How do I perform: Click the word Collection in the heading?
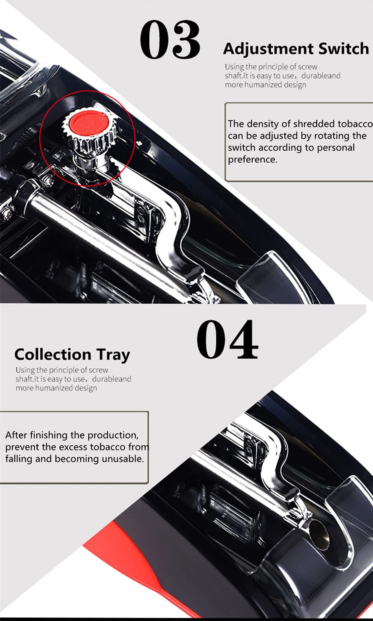(53, 354)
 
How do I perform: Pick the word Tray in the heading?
(113, 355)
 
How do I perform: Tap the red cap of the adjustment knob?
(88, 122)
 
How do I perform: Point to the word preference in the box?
(252, 160)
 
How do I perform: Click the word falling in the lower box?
(19, 459)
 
